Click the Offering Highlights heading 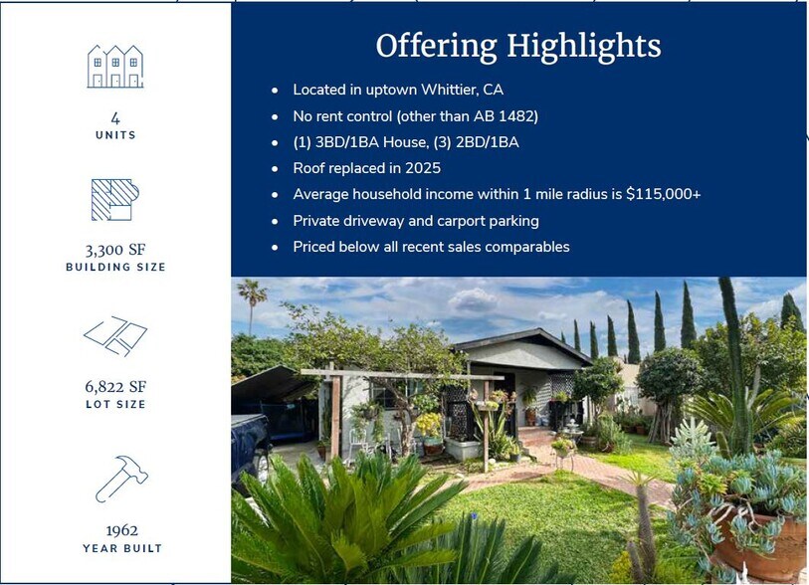click(x=517, y=46)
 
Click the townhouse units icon click(x=115, y=67)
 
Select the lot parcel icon click(x=115, y=335)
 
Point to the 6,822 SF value click(x=115, y=386)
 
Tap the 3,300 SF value click(x=115, y=250)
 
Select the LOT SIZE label click(x=115, y=404)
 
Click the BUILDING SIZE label click(x=115, y=268)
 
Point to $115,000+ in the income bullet click(x=663, y=194)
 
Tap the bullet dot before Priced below click(x=275, y=247)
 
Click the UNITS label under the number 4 click(x=115, y=134)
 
